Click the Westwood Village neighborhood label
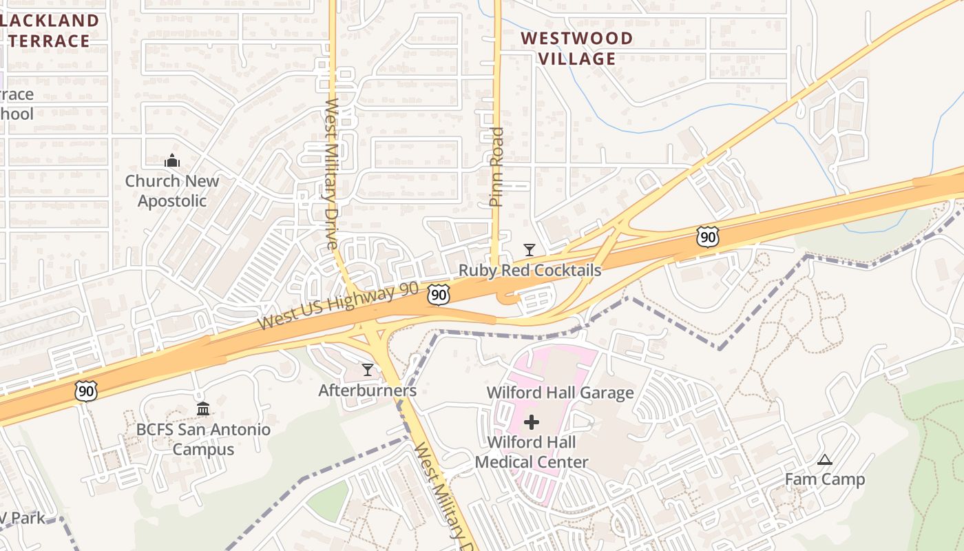[576, 48]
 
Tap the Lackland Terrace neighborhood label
[50, 30]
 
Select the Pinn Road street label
[496, 167]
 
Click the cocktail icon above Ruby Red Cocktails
[529, 250]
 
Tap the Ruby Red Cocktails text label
[530, 271]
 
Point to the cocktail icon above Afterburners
[368, 371]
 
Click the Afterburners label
[367, 391]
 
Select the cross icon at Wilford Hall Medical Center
[532, 422]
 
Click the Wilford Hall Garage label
[560, 393]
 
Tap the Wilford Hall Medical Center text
[532, 452]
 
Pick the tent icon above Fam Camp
[824, 460]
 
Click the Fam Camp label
[825, 479]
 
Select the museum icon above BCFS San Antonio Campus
[203, 409]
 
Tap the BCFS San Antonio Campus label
[203, 439]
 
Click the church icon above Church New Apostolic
[172, 161]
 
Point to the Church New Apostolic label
[172, 191]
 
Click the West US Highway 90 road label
[338, 306]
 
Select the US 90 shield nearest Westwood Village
[707, 237]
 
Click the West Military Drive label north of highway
[332, 174]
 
